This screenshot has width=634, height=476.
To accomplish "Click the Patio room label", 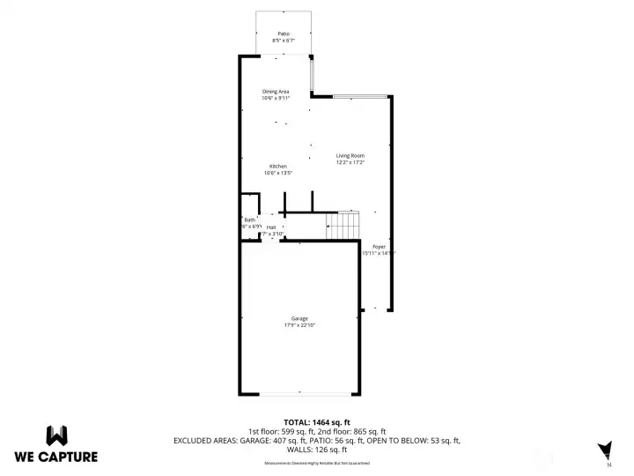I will click(x=283, y=33).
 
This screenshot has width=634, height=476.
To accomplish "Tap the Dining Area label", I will click(x=276, y=92).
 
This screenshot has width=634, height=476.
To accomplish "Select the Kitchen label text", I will click(x=277, y=166).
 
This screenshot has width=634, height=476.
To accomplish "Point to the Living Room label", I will click(x=350, y=155).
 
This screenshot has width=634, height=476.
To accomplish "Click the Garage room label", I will click(x=299, y=318).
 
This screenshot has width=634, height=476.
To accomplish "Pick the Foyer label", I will click(x=379, y=246).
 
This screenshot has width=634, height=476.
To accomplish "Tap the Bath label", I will click(x=249, y=219).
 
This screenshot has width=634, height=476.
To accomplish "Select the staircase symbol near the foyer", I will click(x=343, y=226).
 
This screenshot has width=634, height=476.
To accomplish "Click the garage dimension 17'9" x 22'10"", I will click(x=299, y=325).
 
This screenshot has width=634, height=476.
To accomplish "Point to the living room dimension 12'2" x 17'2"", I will click(x=350, y=162).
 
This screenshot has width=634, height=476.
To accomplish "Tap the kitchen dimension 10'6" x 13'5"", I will click(x=277, y=173).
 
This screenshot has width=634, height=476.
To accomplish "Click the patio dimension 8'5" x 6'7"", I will click(x=283, y=41).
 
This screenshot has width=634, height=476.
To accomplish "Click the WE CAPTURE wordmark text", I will click(x=56, y=457).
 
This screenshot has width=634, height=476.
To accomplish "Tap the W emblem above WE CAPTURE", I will click(x=56, y=435).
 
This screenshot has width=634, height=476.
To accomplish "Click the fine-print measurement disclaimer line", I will click(x=317, y=463).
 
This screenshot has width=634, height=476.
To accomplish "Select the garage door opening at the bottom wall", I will click(x=299, y=394).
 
